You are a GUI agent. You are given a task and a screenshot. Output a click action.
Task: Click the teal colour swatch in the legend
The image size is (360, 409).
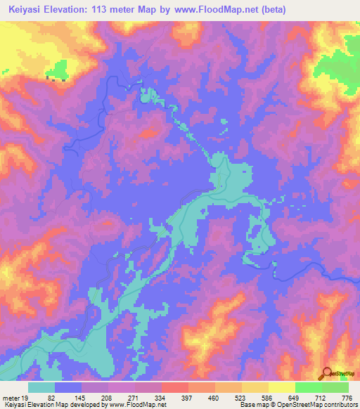(41, 387)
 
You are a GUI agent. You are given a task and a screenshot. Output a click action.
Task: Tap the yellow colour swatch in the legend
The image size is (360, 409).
(282, 387)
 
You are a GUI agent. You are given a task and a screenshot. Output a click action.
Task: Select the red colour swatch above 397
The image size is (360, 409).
(175, 387)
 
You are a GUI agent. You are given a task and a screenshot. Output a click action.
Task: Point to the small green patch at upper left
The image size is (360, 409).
(59, 70)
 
